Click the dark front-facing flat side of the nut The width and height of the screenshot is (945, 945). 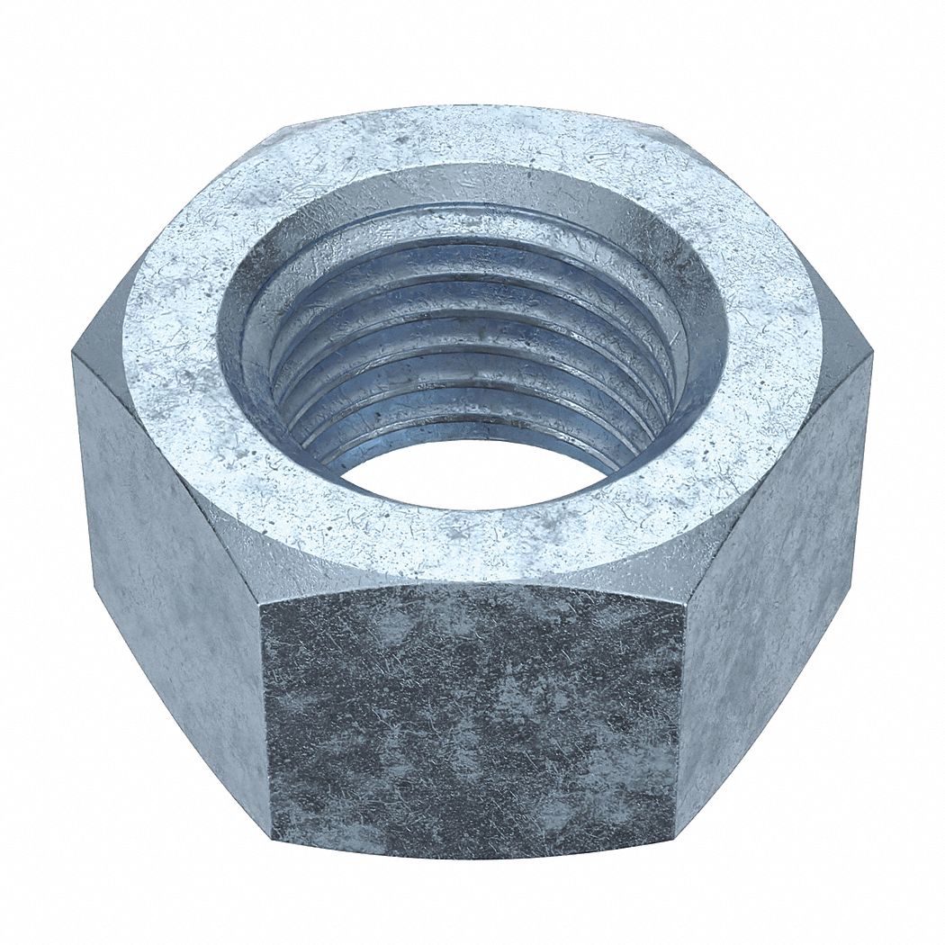tap(472, 720)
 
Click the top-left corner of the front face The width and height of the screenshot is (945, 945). tap(260, 603)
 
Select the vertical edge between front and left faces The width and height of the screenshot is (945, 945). tap(265, 720)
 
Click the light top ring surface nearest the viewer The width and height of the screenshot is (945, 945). tap(472, 540)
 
